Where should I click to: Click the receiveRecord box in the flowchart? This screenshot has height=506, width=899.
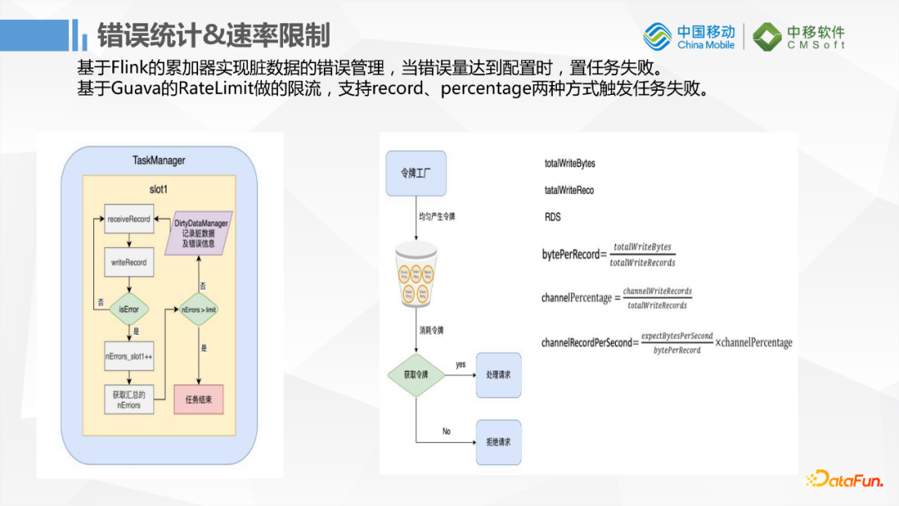click(129, 219)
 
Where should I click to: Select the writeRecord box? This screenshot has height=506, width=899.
click(129, 262)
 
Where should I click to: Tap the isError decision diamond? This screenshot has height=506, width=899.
click(129, 309)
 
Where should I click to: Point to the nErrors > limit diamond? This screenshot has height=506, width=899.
click(199, 309)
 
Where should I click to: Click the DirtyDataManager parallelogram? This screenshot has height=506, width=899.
click(201, 234)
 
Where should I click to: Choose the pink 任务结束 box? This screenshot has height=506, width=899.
click(198, 399)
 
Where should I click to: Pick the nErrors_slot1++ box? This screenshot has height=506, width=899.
click(129, 356)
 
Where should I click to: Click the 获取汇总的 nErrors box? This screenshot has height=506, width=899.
click(128, 399)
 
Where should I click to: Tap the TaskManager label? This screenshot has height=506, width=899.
click(159, 160)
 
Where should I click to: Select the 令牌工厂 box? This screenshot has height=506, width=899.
click(416, 174)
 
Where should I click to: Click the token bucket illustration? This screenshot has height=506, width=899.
click(416, 275)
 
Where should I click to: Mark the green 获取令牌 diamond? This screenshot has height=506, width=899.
click(416, 374)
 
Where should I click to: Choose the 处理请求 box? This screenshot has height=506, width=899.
click(498, 375)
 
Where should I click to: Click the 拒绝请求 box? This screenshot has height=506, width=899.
click(498, 442)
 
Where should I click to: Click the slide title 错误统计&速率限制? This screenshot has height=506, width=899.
click(213, 37)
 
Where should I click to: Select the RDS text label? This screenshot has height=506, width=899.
click(553, 217)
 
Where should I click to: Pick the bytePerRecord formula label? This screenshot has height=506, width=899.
click(570, 255)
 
